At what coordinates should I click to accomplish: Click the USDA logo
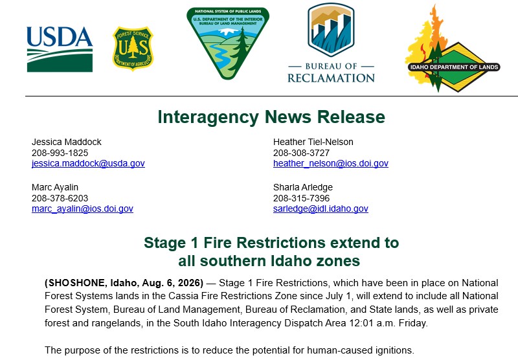point(60,49)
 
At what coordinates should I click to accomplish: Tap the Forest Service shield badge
point(133,49)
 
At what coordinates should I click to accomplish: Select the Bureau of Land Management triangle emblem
point(228,43)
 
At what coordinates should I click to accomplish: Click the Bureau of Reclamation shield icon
point(331,30)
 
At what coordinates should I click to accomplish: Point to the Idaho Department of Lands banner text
point(455,67)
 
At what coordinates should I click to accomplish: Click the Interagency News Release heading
point(271,117)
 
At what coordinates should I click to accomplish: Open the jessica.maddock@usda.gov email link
point(88,163)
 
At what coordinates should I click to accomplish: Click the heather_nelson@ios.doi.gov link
point(331,163)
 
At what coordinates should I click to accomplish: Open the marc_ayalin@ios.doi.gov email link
point(83,208)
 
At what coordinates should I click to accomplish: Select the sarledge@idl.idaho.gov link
point(321,208)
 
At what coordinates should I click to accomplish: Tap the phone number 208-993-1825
point(60,153)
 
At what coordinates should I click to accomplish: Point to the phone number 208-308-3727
point(301,153)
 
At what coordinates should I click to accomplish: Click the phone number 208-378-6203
point(60,198)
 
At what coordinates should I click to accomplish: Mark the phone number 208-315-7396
point(301,198)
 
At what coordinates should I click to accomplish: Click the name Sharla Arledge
point(303,187)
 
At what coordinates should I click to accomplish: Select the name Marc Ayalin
point(55,187)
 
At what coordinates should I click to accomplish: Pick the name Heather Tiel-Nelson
point(313,142)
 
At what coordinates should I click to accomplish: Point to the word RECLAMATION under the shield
point(331,78)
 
